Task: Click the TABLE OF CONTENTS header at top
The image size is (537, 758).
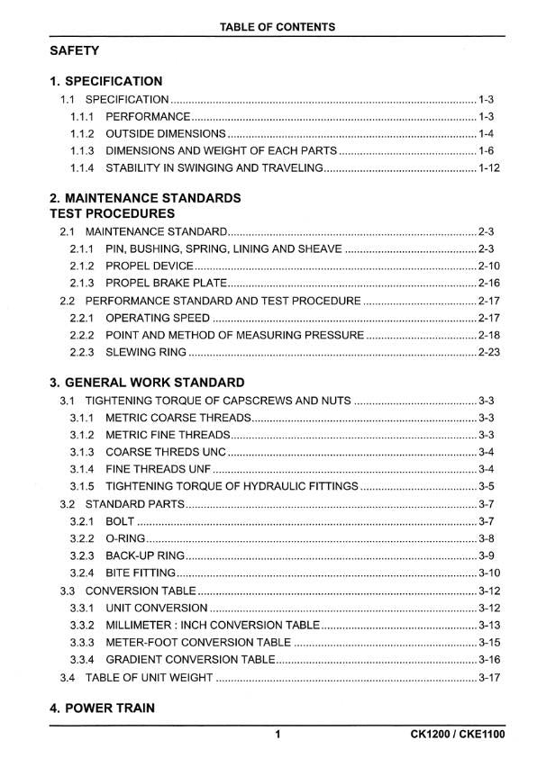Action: point(277,27)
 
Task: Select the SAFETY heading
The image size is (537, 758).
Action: point(75,51)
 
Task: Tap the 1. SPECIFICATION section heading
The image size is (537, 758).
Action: point(106,81)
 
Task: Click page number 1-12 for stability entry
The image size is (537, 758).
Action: point(489,167)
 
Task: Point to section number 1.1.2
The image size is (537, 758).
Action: point(82,133)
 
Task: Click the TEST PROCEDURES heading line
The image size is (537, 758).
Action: point(113,213)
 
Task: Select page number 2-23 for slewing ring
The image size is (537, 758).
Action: point(489,351)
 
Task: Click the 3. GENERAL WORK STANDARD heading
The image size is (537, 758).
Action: point(147,382)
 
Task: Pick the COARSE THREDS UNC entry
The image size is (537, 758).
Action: point(167,452)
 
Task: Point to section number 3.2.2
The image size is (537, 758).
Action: point(82,538)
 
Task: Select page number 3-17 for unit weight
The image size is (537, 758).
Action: point(489,677)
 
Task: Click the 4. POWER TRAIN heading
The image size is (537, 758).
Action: point(102,708)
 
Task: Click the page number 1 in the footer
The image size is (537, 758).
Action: point(278,735)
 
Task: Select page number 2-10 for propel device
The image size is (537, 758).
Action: point(489,266)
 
